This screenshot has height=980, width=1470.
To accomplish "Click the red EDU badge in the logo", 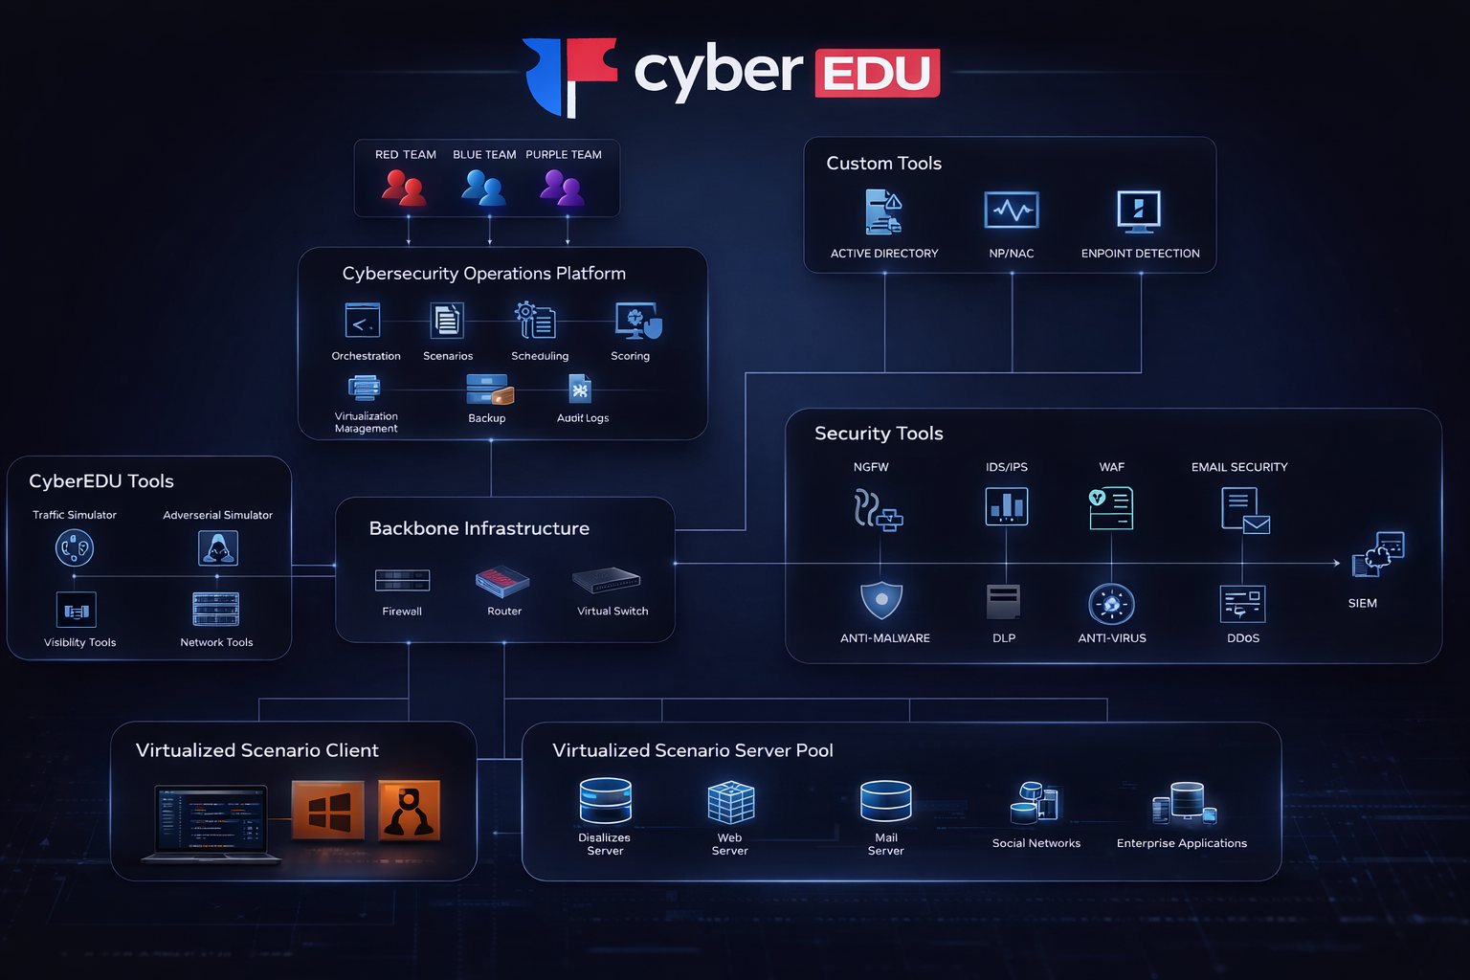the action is pyautogui.click(x=878, y=73).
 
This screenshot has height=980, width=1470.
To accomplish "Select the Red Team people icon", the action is pyautogui.click(x=404, y=188).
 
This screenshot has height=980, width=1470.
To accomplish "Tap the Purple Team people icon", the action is pyautogui.click(x=563, y=188).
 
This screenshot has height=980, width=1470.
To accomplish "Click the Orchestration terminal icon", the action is pyautogui.click(x=363, y=321).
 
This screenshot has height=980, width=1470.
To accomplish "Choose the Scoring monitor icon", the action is pyautogui.click(x=638, y=321).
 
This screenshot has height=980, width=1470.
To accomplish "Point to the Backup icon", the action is pyautogui.click(x=490, y=390).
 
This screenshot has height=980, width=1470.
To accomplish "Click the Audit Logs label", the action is pyautogui.click(x=583, y=418).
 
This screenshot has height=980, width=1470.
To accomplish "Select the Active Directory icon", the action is pyautogui.click(x=883, y=212).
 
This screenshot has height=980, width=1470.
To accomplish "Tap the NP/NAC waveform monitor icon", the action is pyautogui.click(x=1012, y=210).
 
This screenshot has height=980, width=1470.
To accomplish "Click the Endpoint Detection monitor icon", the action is pyautogui.click(x=1139, y=212).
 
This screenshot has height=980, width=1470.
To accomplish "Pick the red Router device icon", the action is pyautogui.click(x=502, y=582).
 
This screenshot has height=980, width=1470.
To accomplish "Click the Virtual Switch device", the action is pyautogui.click(x=606, y=580).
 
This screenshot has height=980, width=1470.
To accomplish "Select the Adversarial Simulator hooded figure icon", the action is pyautogui.click(x=218, y=548).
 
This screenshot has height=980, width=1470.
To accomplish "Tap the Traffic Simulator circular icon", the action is pyautogui.click(x=74, y=548).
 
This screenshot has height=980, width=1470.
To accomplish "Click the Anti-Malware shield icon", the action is pyautogui.click(x=881, y=600).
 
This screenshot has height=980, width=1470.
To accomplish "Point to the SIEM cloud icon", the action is pyautogui.click(x=1378, y=555).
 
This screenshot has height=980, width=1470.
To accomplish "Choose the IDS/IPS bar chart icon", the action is pyautogui.click(x=1006, y=506).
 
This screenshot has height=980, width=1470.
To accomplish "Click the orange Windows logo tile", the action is pyautogui.click(x=328, y=810).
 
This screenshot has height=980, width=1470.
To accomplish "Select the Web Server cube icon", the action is pyautogui.click(x=731, y=802).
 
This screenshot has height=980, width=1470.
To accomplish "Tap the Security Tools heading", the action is pyautogui.click(x=879, y=434).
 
